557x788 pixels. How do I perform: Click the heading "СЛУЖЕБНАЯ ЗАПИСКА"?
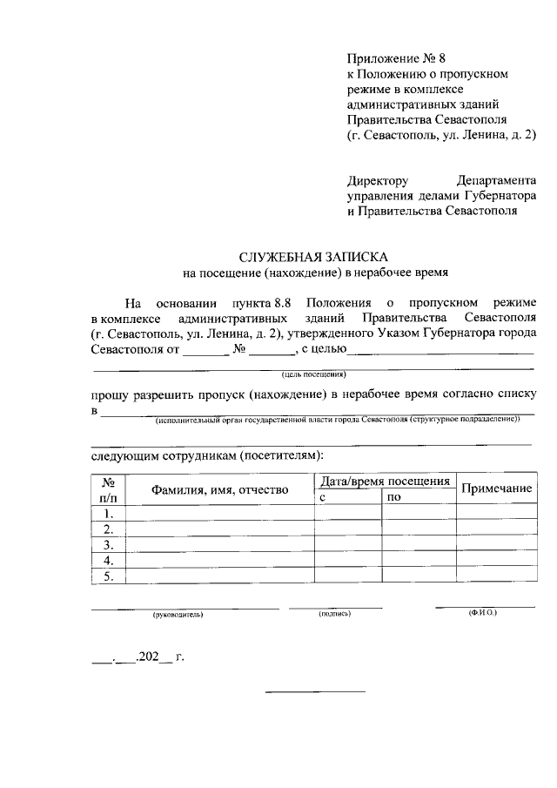[313, 258]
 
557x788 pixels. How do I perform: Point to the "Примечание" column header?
[496, 488]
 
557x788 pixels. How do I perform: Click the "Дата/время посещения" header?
[385, 481]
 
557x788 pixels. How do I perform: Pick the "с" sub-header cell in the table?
[323, 497]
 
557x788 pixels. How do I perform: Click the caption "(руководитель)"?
[178, 615]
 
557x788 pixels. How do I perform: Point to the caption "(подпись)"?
[335, 614]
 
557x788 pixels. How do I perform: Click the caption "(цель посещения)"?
[314, 374]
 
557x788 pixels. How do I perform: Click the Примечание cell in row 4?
[496, 561]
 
